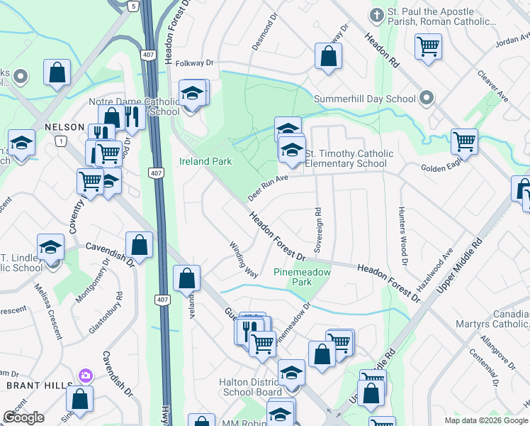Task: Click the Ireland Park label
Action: coord(205,161)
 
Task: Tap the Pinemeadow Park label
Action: coord(292,277)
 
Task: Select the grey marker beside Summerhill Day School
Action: coord(426,97)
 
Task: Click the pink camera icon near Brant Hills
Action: coord(86,375)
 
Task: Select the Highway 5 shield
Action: coord(133,6)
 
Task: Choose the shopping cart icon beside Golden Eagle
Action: coord(464,141)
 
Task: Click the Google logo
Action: coord(23,417)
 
